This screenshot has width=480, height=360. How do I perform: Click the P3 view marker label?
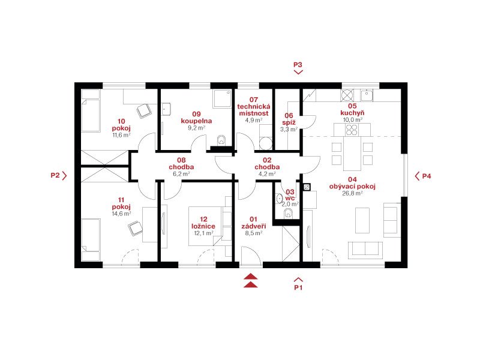(298, 65)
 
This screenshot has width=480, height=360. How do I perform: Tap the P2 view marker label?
(55, 175)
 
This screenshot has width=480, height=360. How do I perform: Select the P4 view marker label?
(427, 176)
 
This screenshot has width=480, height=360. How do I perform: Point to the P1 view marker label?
(298, 287)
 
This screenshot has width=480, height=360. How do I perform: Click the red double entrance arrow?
(251, 280)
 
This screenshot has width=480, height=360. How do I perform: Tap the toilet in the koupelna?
(221, 140)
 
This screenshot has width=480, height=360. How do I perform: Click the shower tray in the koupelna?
(222, 98)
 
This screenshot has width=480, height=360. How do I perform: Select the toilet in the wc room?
(288, 213)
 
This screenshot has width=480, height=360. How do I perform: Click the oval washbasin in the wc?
(279, 199)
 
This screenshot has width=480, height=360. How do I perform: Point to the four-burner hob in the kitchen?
(352, 130)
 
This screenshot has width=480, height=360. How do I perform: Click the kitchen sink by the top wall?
(367, 95)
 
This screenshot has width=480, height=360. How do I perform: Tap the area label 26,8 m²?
(352, 193)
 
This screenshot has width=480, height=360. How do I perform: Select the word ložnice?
(203, 226)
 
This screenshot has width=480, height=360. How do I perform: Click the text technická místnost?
(254, 110)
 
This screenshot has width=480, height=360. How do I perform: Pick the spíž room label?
(289, 122)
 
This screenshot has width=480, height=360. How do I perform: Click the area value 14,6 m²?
(121, 214)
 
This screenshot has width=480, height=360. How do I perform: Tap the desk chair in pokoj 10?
(144, 111)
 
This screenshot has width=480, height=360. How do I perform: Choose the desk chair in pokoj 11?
(135, 229)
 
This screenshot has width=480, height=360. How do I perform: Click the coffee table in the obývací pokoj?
(362, 220)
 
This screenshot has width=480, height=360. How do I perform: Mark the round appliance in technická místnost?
(266, 143)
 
